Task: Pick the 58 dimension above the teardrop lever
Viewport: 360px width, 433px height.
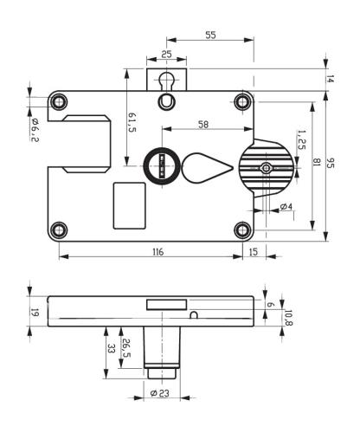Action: click(202, 125)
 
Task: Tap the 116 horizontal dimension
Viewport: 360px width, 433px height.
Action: click(156, 250)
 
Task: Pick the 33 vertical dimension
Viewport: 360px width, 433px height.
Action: click(111, 348)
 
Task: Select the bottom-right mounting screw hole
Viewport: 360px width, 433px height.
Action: click(243, 229)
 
